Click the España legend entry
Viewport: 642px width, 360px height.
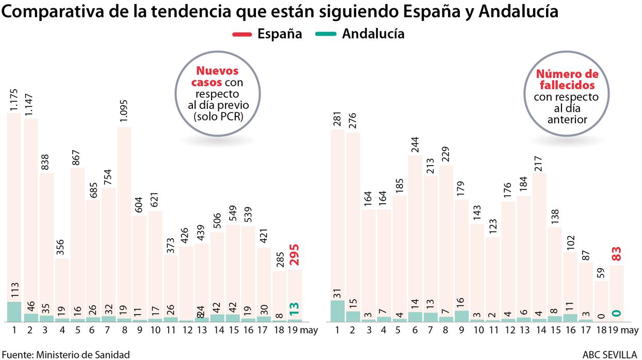coord(267,34)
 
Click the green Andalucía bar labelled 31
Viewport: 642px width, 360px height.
coord(338,311)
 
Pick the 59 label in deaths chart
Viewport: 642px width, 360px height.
coord(601,271)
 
